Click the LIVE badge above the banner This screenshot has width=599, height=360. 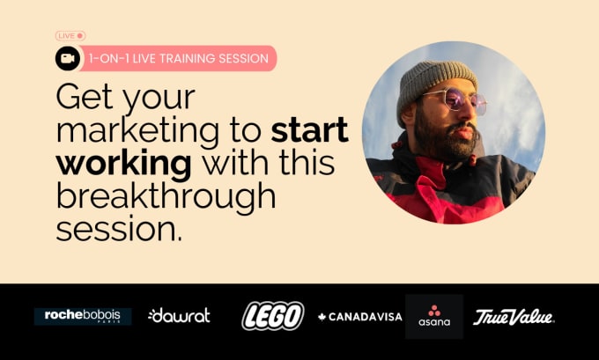coord(70,36)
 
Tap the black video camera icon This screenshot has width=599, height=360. coord(68,58)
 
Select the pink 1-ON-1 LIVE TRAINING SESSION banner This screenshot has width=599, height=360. coord(178,58)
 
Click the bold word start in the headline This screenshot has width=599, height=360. coord(309,129)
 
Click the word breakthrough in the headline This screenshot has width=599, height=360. coord(166,195)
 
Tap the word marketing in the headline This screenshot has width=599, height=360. coord(138,131)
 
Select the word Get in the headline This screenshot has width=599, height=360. coord(85,98)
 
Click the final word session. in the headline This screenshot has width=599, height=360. coord(119,230)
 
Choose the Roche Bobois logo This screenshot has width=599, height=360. coord(83,317)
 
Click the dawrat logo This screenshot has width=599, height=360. coord(179,315)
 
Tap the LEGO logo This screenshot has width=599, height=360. coord(273,316)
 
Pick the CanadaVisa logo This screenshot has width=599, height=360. coord(360,317)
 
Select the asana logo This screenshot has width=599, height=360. coord(434,317)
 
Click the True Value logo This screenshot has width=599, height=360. coord(514,317)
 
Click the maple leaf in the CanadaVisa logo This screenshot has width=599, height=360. coord(322,317)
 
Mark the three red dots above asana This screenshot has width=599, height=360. coord(434,310)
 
